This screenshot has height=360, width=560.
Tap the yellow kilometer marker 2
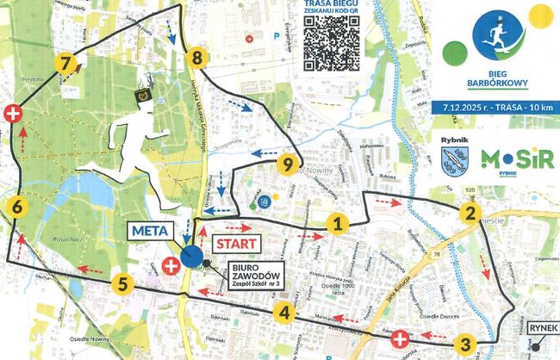[x=468, y=214]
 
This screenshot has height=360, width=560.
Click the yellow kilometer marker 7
[x=63, y=63]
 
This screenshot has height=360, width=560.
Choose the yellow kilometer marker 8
[x=197, y=59]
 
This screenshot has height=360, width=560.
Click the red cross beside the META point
[x=171, y=267]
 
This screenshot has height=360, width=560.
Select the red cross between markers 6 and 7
[x=13, y=114]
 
